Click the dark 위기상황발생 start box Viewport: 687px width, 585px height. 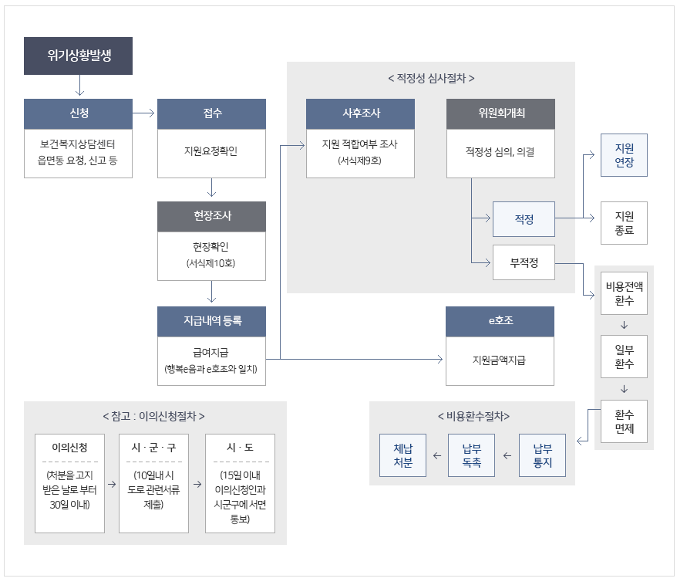click(78, 56)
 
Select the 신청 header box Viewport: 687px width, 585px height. click(78, 113)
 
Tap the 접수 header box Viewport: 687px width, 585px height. click(211, 113)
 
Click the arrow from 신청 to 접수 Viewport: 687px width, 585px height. click(144, 113)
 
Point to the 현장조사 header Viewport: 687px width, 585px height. click(211, 216)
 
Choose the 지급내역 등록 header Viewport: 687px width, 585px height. click(211, 321)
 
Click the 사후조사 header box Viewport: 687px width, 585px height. click(360, 113)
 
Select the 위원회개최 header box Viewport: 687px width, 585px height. click(500, 113)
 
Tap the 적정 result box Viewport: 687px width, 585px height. click(524, 218)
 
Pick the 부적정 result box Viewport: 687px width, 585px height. click(524, 263)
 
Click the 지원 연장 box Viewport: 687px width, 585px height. click(624, 155)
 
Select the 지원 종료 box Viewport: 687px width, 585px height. click(624, 222)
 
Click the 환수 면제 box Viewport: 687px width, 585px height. click(624, 421)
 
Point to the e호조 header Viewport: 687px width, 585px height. click(500, 321)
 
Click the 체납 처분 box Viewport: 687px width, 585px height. click(402, 455)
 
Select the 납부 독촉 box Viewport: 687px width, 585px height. click(471, 455)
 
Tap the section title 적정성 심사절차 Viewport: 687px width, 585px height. click(431, 79)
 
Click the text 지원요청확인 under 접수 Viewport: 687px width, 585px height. click(211, 151)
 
